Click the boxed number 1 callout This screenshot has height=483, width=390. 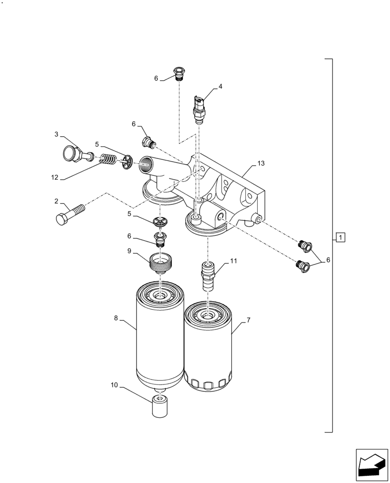point(340,237)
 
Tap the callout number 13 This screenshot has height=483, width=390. point(261,164)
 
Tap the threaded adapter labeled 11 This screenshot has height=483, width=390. point(207,277)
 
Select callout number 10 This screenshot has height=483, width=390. point(114,385)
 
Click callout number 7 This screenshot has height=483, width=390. point(248,320)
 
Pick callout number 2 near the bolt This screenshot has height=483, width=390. point(56,201)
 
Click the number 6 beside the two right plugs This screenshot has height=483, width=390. point(328,260)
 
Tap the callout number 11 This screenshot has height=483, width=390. point(234,261)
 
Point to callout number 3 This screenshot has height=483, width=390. point(56,134)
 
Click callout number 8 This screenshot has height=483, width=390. point(116,318)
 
